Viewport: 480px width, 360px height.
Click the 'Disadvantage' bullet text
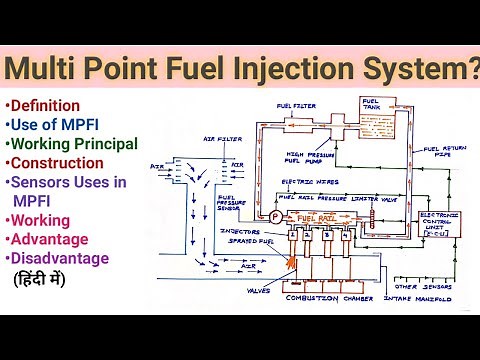click(x=56, y=258)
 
